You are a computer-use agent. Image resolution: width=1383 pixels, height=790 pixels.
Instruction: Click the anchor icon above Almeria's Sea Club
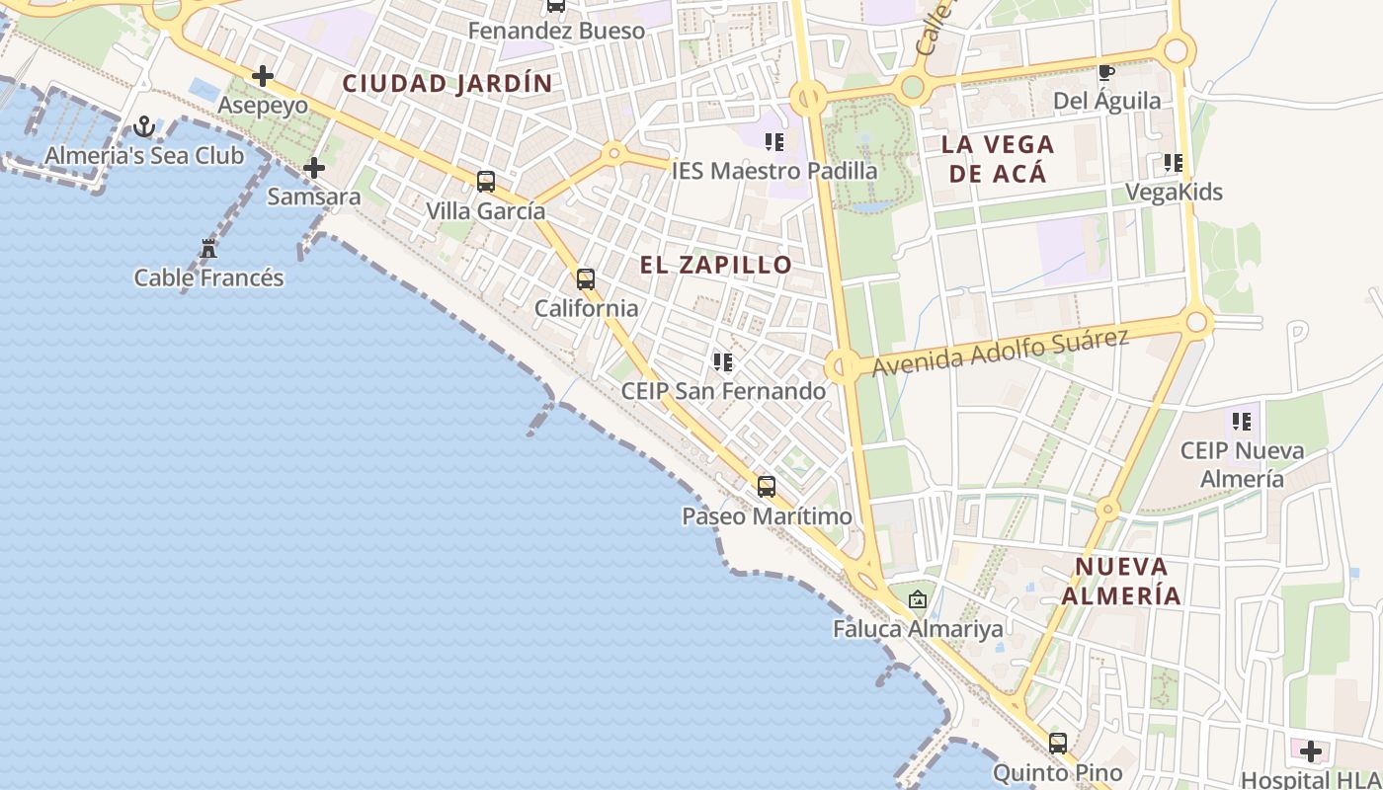[144, 126]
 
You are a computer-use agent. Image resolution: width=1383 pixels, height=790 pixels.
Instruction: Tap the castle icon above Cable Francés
[208, 249]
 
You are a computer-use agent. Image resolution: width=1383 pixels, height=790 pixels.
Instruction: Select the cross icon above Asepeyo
[262, 75]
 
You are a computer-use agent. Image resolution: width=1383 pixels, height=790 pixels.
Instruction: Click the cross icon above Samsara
[314, 168]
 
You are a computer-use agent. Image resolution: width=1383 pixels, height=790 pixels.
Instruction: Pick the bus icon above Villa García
[485, 182]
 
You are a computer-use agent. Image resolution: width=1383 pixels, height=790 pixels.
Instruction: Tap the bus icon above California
[586, 279]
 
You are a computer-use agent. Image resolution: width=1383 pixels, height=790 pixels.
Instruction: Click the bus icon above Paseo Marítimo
[766, 487]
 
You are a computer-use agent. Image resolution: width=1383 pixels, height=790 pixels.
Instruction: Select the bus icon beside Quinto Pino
[1058, 744]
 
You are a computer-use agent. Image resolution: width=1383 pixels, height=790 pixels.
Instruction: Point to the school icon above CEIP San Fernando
[723, 362]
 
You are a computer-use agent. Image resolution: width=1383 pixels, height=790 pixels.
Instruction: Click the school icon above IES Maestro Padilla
[774, 142]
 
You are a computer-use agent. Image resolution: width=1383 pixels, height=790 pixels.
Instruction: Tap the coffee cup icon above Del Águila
[1106, 72]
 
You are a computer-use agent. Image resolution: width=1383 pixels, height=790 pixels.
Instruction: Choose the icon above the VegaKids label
[1174, 163]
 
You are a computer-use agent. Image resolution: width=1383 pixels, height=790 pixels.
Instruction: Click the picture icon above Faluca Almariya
[918, 599]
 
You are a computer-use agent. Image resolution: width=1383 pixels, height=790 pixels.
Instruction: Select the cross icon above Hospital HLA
[1311, 751]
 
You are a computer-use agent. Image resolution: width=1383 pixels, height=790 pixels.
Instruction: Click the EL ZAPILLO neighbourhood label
[716, 265]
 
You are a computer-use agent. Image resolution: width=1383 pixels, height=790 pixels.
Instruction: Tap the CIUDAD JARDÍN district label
[447, 84]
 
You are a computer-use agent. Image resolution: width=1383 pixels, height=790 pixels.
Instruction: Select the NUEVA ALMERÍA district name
[1127, 582]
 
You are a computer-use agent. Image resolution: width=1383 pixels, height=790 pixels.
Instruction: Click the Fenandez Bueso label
[556, 31]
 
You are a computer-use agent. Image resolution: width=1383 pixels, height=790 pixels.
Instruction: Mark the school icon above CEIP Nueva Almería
[1242, 423]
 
